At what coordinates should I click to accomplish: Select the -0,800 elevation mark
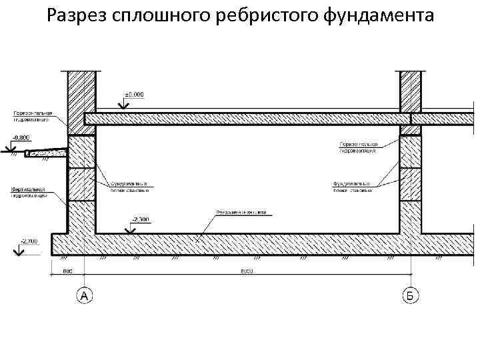coord(20,138)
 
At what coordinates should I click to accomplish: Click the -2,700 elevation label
coord(29,241)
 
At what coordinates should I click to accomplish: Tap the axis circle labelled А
coord(84,295)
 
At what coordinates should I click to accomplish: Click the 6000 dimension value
coord(248,272)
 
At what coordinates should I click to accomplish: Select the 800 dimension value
coord(68,272)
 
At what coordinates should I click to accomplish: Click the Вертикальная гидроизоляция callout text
coord(27,193)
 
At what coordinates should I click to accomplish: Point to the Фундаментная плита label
coord(240,213)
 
